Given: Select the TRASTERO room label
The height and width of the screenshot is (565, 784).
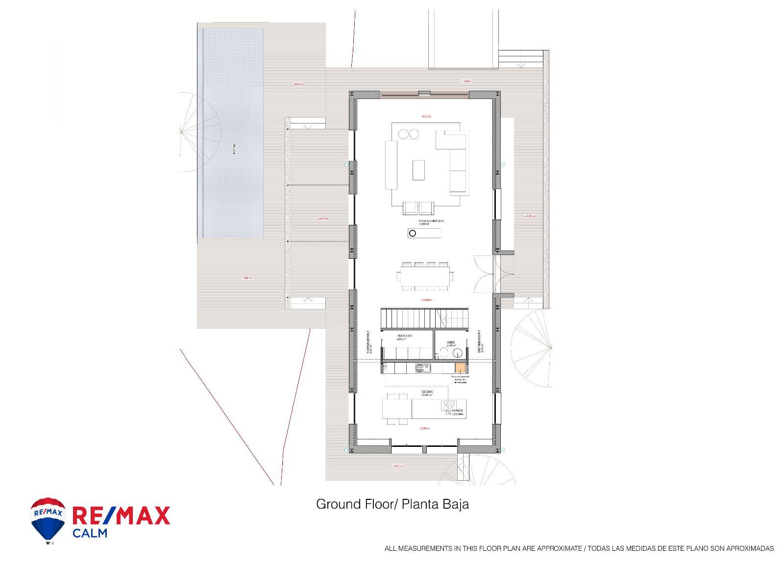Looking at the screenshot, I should [x=404, y=336].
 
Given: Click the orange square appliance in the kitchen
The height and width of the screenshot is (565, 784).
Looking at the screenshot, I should [x=460, y=368].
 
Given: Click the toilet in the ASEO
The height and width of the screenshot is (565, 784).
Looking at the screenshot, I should [x=443, y=352].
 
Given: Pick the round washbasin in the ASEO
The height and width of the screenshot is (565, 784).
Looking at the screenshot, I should [x=458, y=352].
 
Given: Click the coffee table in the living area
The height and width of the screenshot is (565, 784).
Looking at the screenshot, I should [x=418, y=170].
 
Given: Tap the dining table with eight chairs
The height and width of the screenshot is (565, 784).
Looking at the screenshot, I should [x=425, y=276].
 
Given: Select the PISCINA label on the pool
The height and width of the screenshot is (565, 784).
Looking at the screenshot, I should [x=234, y=148].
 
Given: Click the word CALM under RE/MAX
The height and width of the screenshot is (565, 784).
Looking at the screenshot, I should [x=90, y=533].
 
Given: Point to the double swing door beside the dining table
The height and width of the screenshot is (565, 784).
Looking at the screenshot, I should [x=484, y=274].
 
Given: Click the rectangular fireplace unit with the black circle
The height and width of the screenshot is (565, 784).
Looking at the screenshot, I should [x=424, y=233].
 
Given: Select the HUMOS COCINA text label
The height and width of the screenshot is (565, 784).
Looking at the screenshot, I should [x=457, y=412].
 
